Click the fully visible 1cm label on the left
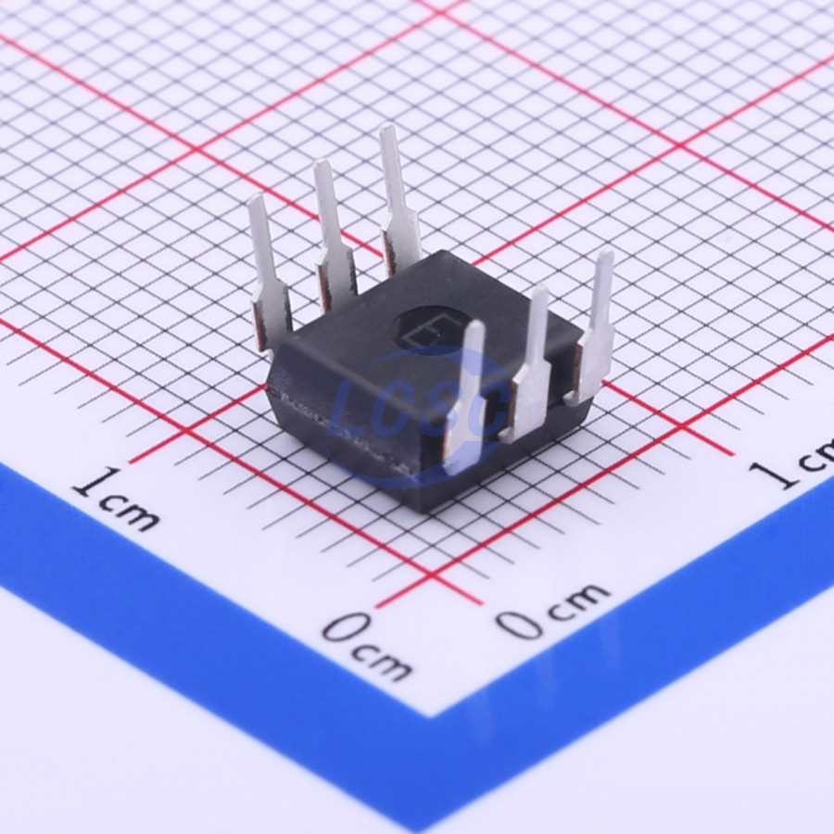(x=116, y=499)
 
